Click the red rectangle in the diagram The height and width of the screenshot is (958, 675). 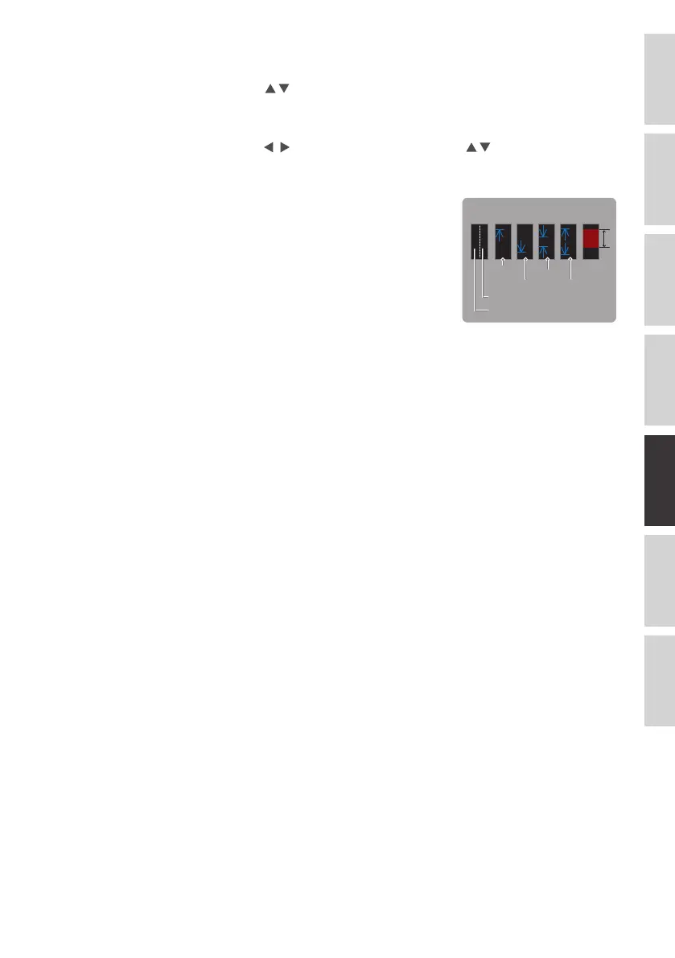[591, 238]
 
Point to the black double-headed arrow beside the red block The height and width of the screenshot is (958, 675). [605, 238]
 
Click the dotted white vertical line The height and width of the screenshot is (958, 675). [481, 241]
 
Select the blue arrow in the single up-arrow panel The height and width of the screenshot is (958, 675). [503, 236]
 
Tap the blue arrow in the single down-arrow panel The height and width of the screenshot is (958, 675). [525, 244]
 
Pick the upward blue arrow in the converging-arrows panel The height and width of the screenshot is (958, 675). [547, 251]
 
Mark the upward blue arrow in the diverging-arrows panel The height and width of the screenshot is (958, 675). [569, 234]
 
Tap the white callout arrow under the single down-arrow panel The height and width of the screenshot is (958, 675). [525, 269]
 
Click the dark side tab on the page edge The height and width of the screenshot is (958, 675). [659, 475]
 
